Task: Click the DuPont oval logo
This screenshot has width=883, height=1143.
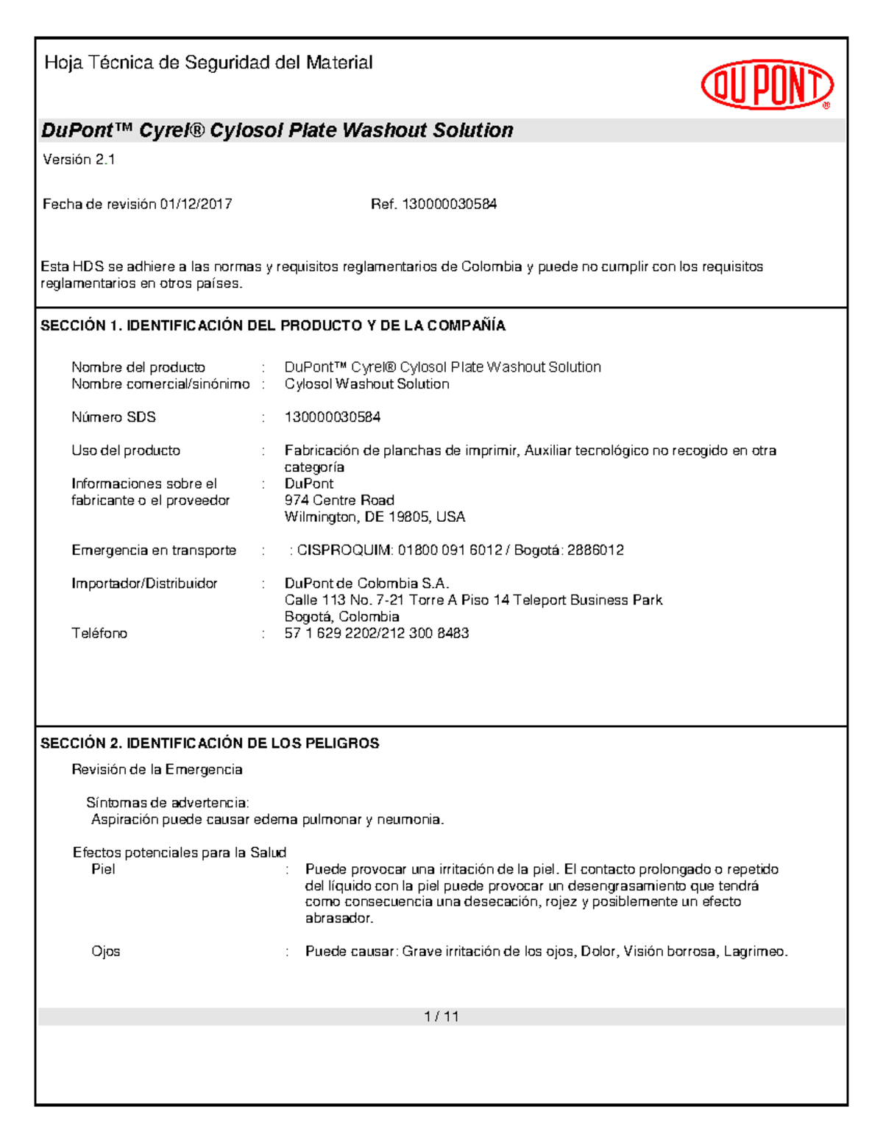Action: tap(767, 85)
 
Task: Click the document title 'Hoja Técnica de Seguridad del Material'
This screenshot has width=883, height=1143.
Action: tap(208, 63)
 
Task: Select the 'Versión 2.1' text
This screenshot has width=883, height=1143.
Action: tap(79, 160)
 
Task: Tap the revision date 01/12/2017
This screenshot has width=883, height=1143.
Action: tap(196, 205)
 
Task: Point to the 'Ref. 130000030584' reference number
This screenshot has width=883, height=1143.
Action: tap(433, 205)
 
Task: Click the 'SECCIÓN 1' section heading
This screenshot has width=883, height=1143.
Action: tap(272, 326)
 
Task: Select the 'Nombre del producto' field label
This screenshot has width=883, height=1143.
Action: tap(138, 367)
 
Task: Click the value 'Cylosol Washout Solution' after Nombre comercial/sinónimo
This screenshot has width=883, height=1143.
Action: tap(366, 384)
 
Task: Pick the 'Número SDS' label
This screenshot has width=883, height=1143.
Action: tap(113, 417)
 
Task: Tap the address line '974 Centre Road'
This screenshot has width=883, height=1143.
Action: tap(339, 500)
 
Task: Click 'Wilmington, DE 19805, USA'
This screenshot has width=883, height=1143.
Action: tap(375, 517)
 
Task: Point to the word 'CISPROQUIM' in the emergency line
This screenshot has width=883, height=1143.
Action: tap(344, 551)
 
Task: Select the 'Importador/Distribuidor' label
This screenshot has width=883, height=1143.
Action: tap(144, 584)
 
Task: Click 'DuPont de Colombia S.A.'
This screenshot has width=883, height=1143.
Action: tap(366, 584)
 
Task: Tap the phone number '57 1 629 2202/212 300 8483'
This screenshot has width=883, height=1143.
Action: tap(376, 634)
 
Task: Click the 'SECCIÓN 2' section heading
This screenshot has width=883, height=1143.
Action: tap(210, 743)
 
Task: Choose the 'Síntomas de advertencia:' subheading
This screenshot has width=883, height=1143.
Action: tap(167, 803)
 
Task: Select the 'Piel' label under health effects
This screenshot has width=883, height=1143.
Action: tap(103, 869)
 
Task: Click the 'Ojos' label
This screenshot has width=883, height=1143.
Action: tap(105, 952)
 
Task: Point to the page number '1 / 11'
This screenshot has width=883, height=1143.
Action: tap(441, 1017)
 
